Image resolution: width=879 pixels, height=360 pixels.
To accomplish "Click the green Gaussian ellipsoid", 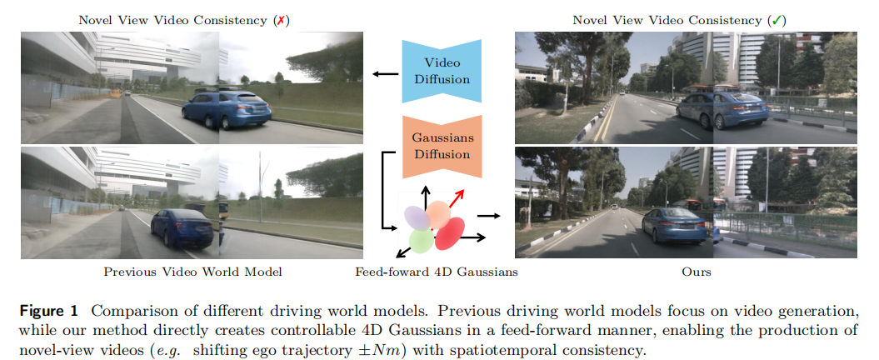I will (422, 241).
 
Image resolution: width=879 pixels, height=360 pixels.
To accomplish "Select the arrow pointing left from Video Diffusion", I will (385, 75).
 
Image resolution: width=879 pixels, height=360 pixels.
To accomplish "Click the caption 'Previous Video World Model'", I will (192, 272).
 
